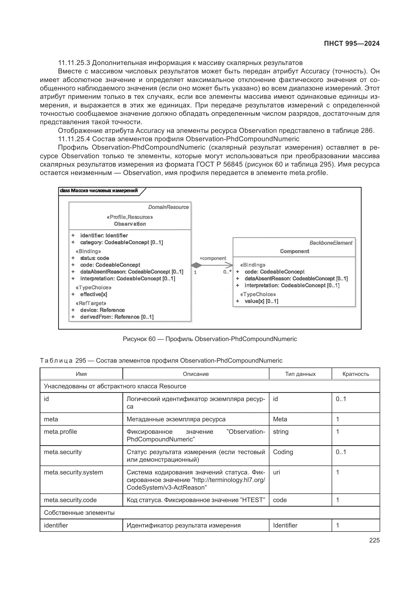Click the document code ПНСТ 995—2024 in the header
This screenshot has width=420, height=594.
351,43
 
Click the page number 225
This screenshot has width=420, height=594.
374,540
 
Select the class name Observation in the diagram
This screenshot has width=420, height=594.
130,224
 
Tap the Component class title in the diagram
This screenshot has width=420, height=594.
294,251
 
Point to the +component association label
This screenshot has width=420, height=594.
213,258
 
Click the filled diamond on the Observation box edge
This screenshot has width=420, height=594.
197,265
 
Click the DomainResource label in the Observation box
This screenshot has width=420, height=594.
168,207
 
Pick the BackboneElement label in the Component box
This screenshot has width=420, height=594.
331,243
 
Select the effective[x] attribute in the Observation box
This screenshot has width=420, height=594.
93,294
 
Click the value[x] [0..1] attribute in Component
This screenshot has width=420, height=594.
261,301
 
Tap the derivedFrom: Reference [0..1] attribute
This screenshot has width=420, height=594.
117,317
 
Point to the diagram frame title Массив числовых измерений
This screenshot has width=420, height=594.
99,191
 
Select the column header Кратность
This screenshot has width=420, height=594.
355,374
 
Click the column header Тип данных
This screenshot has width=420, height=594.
300,374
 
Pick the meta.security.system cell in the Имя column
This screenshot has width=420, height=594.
73,472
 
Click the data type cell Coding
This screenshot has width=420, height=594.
283,452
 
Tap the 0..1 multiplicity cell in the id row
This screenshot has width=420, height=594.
341,399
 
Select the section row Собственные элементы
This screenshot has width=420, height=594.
79,512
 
